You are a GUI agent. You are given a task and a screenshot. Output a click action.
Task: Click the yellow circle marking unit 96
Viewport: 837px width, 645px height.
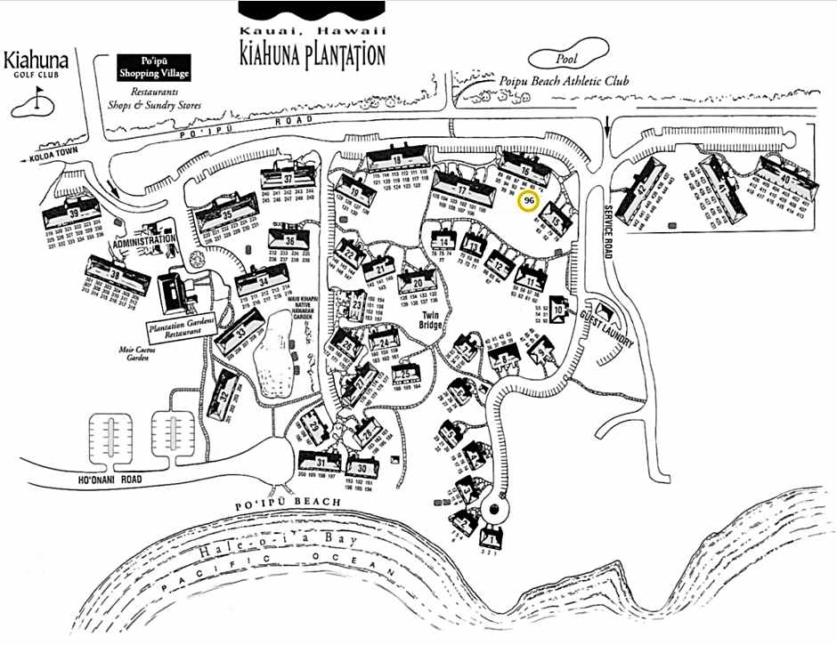tap(530, 202)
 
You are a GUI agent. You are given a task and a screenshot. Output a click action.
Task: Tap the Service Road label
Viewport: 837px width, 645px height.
tap(607, 228)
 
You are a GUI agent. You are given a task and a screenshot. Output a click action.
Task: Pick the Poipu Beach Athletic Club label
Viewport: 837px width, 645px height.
tap(577, 81)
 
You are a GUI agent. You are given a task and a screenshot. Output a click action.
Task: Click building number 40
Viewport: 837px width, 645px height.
tap(784, 180)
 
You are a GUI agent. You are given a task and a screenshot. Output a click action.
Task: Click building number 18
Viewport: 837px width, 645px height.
tap(397, 160)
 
